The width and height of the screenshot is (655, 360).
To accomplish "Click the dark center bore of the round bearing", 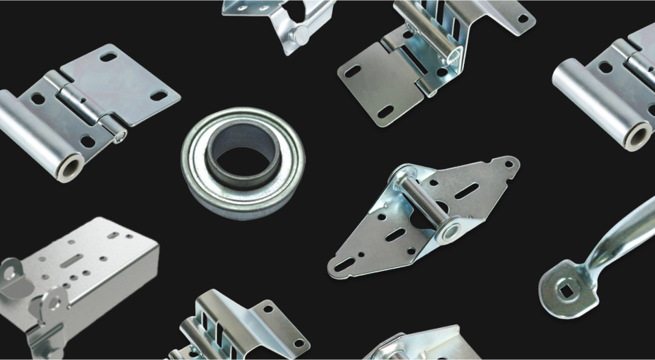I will click(243, 159).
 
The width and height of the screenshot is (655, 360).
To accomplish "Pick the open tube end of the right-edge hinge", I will click(637, 136).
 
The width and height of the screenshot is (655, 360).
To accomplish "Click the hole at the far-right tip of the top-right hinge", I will click(523, 18).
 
